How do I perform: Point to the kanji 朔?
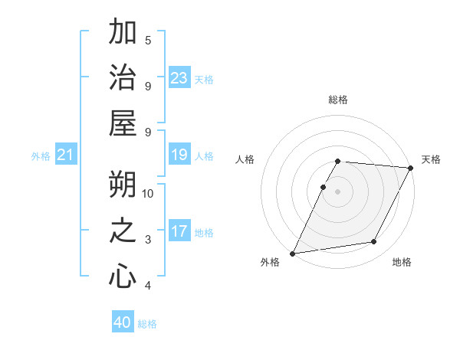coord(123,185)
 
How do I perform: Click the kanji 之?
coord(123,231)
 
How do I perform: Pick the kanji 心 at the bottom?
coord(123,276)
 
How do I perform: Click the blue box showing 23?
coord(179,78)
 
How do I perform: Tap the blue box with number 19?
coord(179,155)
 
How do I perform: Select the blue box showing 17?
coord(179,231)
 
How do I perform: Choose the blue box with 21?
coord(66,155)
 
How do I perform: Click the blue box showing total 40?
coord(123,322)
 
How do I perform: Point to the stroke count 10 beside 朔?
coord(148,193)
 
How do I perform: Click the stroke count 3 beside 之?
coord(148,240)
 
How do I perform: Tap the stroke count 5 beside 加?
coord(148,40)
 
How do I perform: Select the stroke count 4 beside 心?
coord(148,286)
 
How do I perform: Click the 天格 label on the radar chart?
coord(431,159)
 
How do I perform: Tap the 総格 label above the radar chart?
coord(338,100)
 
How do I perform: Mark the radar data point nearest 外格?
coord(292,253)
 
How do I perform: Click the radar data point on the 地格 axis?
coord(374,242)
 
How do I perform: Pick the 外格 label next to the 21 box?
coord(41,156)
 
